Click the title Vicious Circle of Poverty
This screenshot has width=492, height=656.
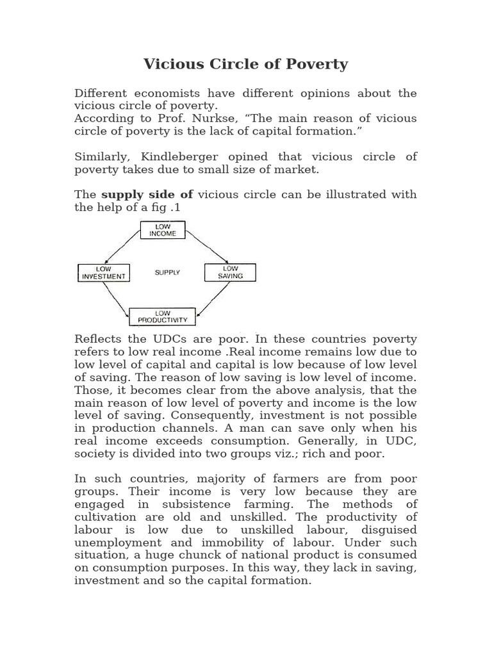pos(245,64)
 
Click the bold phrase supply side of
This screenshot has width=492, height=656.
pos(147,195)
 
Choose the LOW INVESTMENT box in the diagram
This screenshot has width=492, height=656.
pos(104,273)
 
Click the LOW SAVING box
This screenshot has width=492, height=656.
pos(230,272)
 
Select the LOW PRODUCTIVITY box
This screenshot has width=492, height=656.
pos(162,316)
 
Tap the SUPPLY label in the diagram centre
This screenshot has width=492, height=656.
pos(167,273)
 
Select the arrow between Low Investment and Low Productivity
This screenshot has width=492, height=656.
pos(115,299)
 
